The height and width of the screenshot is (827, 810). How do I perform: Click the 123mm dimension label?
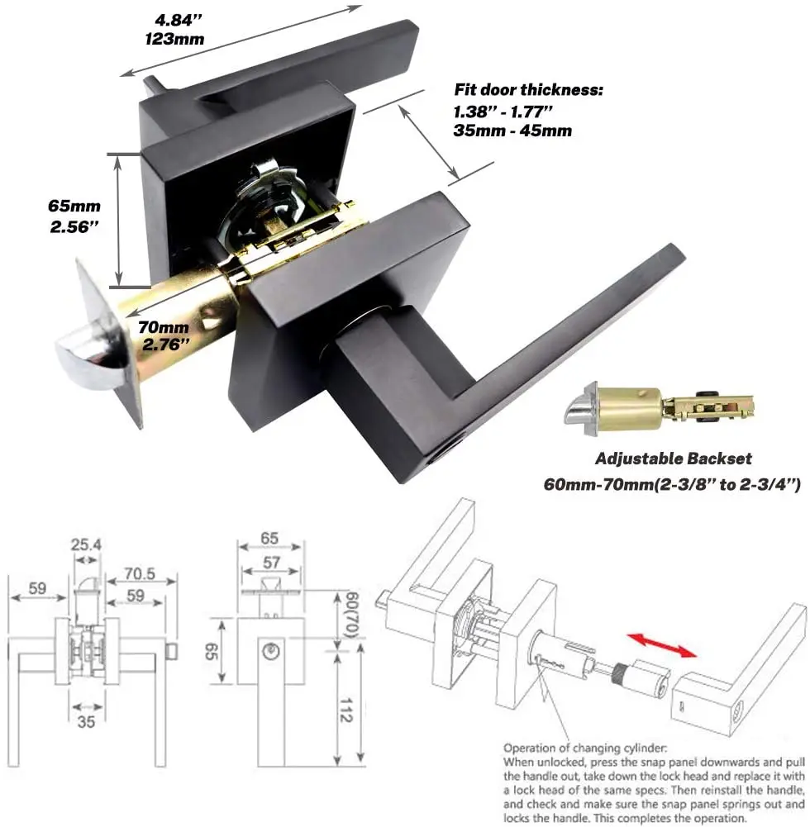coord(174,38)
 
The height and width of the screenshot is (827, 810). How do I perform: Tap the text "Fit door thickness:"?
coord(528,90)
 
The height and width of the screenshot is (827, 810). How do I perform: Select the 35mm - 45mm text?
coord(512,131)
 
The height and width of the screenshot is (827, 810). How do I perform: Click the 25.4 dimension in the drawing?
coord(86,546)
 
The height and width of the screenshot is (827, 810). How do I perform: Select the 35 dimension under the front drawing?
coord(86,721)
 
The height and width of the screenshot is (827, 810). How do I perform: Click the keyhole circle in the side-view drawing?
coord(268,651)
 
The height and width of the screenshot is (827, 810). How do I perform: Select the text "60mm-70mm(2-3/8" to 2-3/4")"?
coord(671,485)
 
